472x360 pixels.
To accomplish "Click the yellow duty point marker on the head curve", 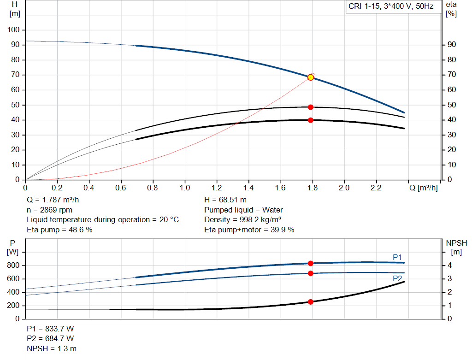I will tap(311, 77).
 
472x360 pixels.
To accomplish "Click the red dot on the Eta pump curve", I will tap(311, 107).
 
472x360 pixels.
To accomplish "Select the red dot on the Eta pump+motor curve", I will tap(311, 120).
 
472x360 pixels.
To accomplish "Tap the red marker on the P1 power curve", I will tap(311, 263).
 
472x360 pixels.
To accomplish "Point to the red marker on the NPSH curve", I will tap(311, 302).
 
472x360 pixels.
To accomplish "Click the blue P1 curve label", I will tap(397, 257).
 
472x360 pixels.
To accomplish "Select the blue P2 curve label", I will tap(397, 278).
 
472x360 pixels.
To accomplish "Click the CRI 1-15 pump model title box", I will tap(392, 7).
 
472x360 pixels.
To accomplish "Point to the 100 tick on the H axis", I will tap(14, 30).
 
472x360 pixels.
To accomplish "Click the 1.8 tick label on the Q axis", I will tap(313, 188).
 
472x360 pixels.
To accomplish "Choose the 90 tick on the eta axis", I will tap(451, 45).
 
